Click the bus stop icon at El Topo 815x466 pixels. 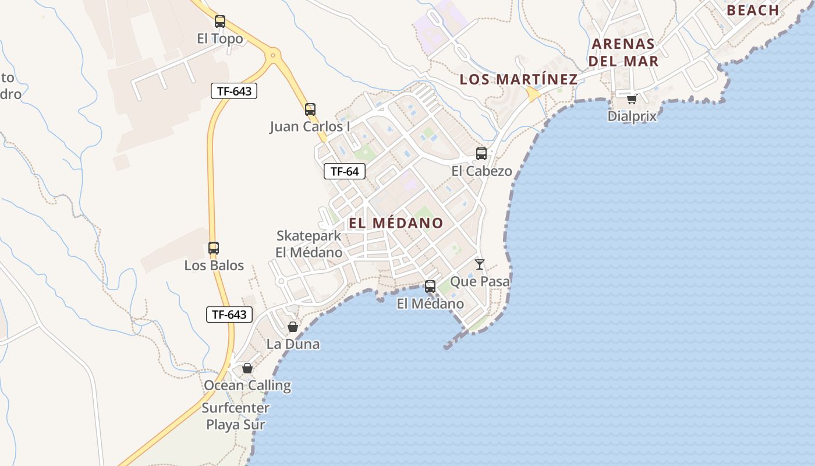[219, 22]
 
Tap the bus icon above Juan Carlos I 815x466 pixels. [310, 109]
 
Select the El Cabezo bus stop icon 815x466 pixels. [481, 154]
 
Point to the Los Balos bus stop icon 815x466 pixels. [214, 248]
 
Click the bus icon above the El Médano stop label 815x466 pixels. [430, 287]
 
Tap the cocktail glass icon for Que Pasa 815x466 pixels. [480, 264]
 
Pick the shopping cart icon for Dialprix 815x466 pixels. [632, 99]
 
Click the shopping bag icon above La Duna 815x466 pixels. [293, 327]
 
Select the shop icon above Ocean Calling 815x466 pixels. [247, 368]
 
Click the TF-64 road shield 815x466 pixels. [345, 171]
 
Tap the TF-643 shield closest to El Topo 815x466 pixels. [233, 91]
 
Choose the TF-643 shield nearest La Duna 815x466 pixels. [229, 315]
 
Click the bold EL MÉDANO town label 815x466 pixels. [396, 223]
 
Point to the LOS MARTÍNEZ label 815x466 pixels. [518, 79]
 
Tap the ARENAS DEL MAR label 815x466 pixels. [623, 52]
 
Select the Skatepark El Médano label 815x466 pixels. [309, 244]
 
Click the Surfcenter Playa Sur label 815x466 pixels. [236, 416]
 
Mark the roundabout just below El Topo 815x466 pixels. [272, 56]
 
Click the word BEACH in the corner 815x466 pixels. [753, 10]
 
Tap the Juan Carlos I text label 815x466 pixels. [310, 126]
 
